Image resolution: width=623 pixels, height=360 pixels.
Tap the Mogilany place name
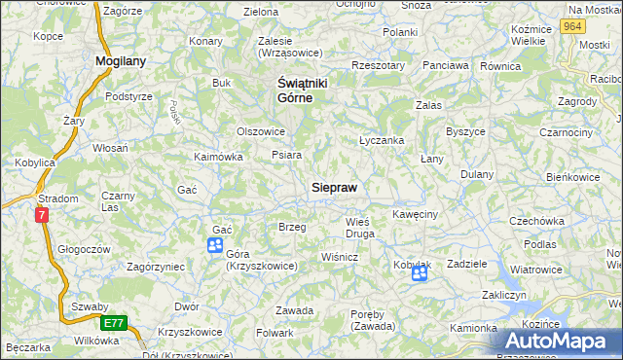tap(121, 60)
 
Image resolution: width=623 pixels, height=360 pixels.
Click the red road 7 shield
tap(42, 215)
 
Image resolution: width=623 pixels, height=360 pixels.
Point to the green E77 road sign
tap(112, 322)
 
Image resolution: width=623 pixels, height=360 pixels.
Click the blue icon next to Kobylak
tap(419, 274)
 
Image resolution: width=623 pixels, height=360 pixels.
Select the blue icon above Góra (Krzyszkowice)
tap(215, 245)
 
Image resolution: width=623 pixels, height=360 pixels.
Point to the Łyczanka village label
tap(382, 140)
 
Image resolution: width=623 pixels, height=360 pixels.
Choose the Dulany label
tap(478, 174)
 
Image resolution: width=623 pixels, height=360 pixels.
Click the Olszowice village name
tap(261, 131)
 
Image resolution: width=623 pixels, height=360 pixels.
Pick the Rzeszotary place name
tap(378, 65)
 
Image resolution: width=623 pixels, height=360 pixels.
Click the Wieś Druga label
tap(360, 228)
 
